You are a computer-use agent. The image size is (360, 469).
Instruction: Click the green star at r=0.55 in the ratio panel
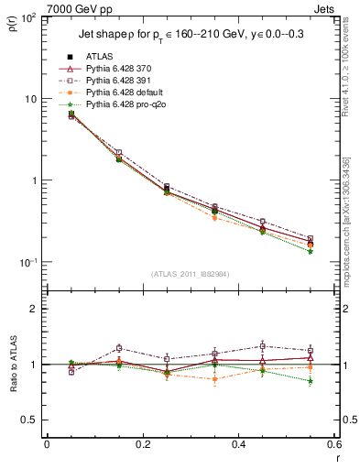[x=311, y=380]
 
